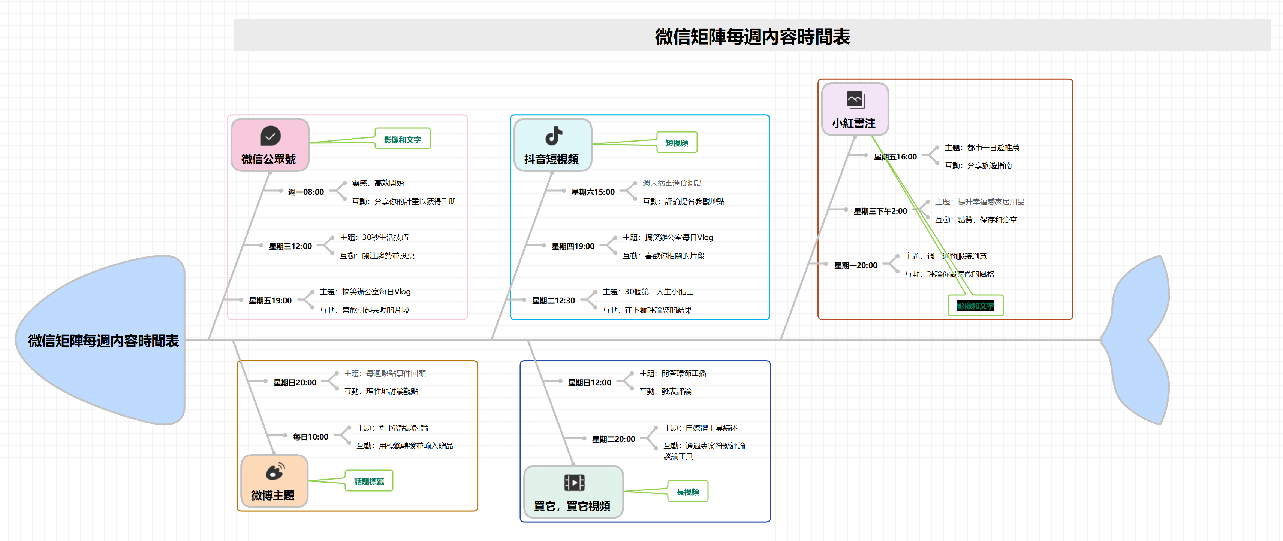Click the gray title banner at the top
[752, 35]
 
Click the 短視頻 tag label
[677, 143]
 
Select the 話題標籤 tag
[369, 481]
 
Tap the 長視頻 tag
[687, 492]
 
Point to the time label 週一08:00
[306, 192]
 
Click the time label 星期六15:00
[593, 192]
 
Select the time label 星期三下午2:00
[880, 211]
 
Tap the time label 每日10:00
[310, 437]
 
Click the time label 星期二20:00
[613, 439]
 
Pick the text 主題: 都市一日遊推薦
[982, 147]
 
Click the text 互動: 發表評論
[665, 391]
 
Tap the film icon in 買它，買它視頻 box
[574, 482]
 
